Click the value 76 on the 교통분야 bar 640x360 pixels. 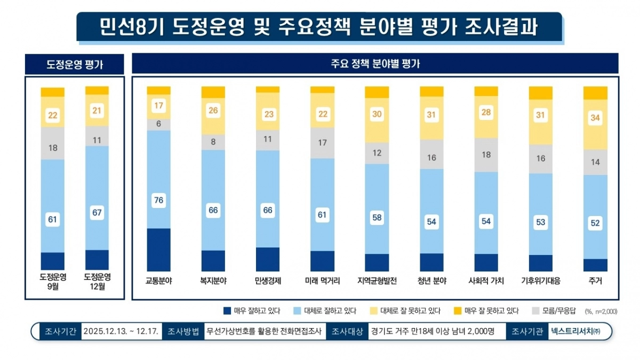tap(158, 200)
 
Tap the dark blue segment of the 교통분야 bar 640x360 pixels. tap(158, 249)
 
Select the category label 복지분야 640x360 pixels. tap(213, 281)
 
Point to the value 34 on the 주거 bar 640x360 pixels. tap(595, 118)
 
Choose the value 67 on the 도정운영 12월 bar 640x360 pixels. tap(97, 212)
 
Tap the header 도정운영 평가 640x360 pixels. tap(74, 65)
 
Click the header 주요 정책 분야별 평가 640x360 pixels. tap(375, 63)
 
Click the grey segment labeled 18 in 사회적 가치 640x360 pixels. tap(486, 155)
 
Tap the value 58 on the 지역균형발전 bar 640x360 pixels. tap(377, 217)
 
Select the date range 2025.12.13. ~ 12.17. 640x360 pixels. tap(121, 331)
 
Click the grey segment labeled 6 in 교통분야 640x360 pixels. tap(158, 124)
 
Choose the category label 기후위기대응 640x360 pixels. tap(540, 281)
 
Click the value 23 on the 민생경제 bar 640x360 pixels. tap(268, 114)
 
